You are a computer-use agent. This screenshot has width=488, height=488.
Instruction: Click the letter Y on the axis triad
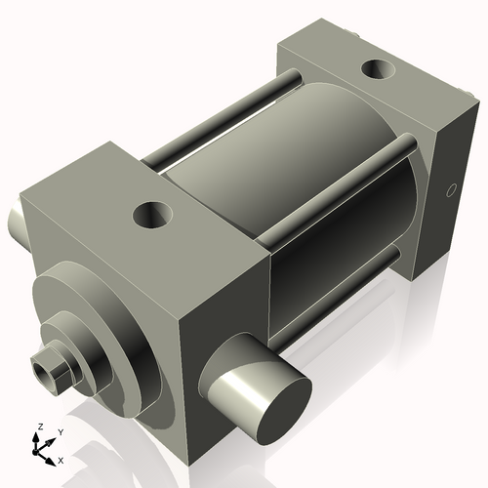point(60,431)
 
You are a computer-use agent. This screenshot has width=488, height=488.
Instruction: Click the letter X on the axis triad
point(61,459)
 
